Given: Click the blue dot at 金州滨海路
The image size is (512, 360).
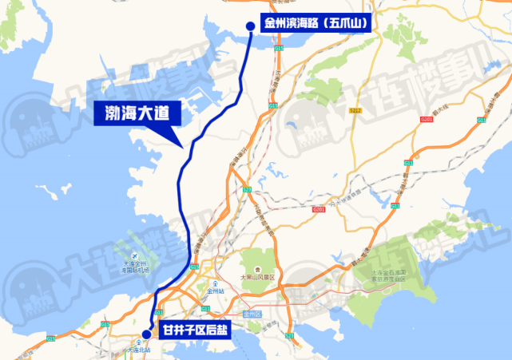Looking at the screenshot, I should pos(250,26).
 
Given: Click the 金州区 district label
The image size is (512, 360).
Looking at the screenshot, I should pos(252,315).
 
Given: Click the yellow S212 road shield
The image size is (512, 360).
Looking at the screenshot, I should pos(355,109).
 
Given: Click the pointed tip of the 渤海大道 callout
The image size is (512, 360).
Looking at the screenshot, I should pos(186,144).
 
